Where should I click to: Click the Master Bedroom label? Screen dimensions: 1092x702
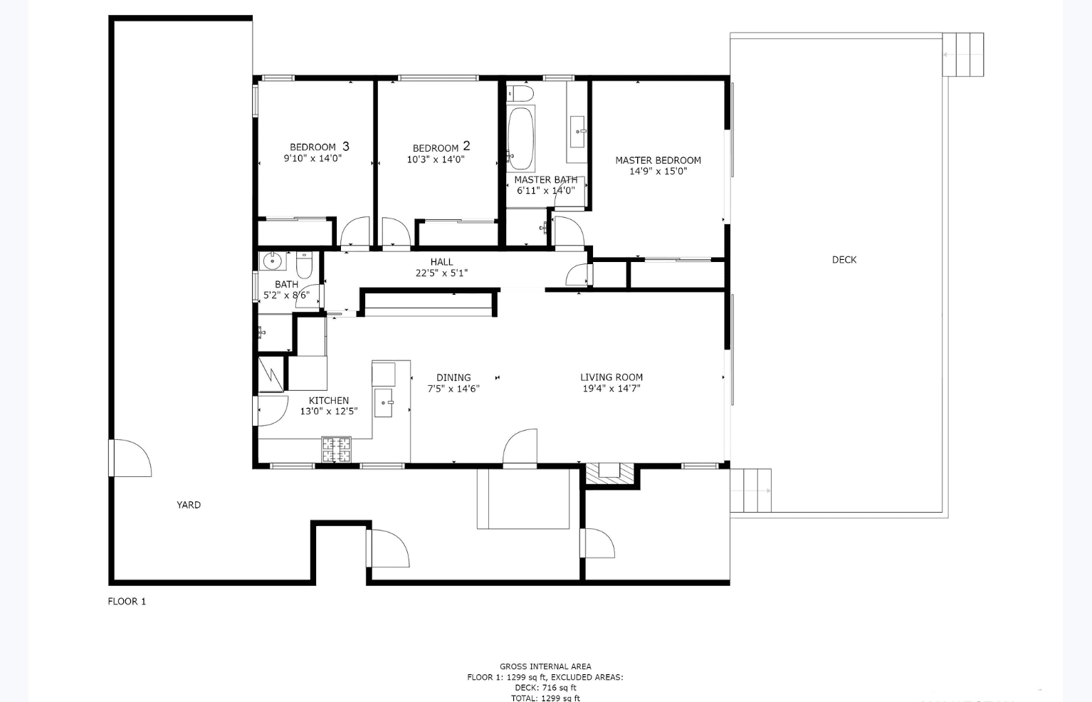pyautogui.click(x=658, y=160)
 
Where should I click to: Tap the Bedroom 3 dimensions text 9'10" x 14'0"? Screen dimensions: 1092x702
pyautogui.click(x=313, y=159)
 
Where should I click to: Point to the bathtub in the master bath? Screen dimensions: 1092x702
pyautogui.click(x=520, y=138)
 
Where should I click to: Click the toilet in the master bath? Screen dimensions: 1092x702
pyautogui.click(x=520, y=93)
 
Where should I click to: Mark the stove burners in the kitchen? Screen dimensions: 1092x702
pyautogui.click(x=336, y=449)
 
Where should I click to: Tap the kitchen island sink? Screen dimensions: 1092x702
pyautogui.click(x=384, y=403)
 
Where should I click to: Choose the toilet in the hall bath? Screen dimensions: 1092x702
pyautogui.click(x=304, y=265)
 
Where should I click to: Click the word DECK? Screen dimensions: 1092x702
pyautogui.click(x=844, y=260)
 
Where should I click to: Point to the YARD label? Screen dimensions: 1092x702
pyautogui.click(x=189, y=505)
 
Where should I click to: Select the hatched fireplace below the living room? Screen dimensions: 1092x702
pyautogui.click(x=609, y=474)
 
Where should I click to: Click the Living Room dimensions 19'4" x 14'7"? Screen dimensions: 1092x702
pyautogui.click(x=611, y=389)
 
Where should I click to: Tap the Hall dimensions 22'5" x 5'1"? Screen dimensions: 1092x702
pyautogui.click(x=441, y=273)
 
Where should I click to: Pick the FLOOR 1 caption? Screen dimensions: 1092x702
pyautogui.click(x=127, y=602)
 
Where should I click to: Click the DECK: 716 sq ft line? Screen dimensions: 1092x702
pyautogui.click(x=545, y=688)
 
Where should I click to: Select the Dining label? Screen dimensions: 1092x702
pyautogui.click(x=453, y=377)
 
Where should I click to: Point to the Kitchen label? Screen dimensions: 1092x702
pyautogui.click(x=329, y=400)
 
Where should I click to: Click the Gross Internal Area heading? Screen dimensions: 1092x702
pyautogui.click(x=545, y=666)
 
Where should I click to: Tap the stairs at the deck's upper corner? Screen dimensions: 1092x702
pyautogui.click(x=963, y=55)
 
